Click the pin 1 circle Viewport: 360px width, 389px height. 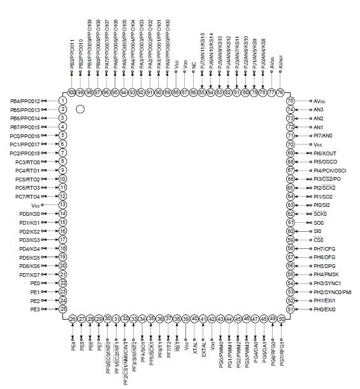point(63,101)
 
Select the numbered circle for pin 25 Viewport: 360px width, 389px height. point(63,309)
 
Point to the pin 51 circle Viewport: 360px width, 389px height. point(291,309)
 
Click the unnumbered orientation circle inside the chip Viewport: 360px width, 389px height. point(80,110)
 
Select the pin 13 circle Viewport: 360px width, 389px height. point(63,205)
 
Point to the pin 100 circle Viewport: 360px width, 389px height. point(72,92)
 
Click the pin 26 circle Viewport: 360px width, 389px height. point(72,318)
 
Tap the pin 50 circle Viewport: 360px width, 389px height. point(281,318)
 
